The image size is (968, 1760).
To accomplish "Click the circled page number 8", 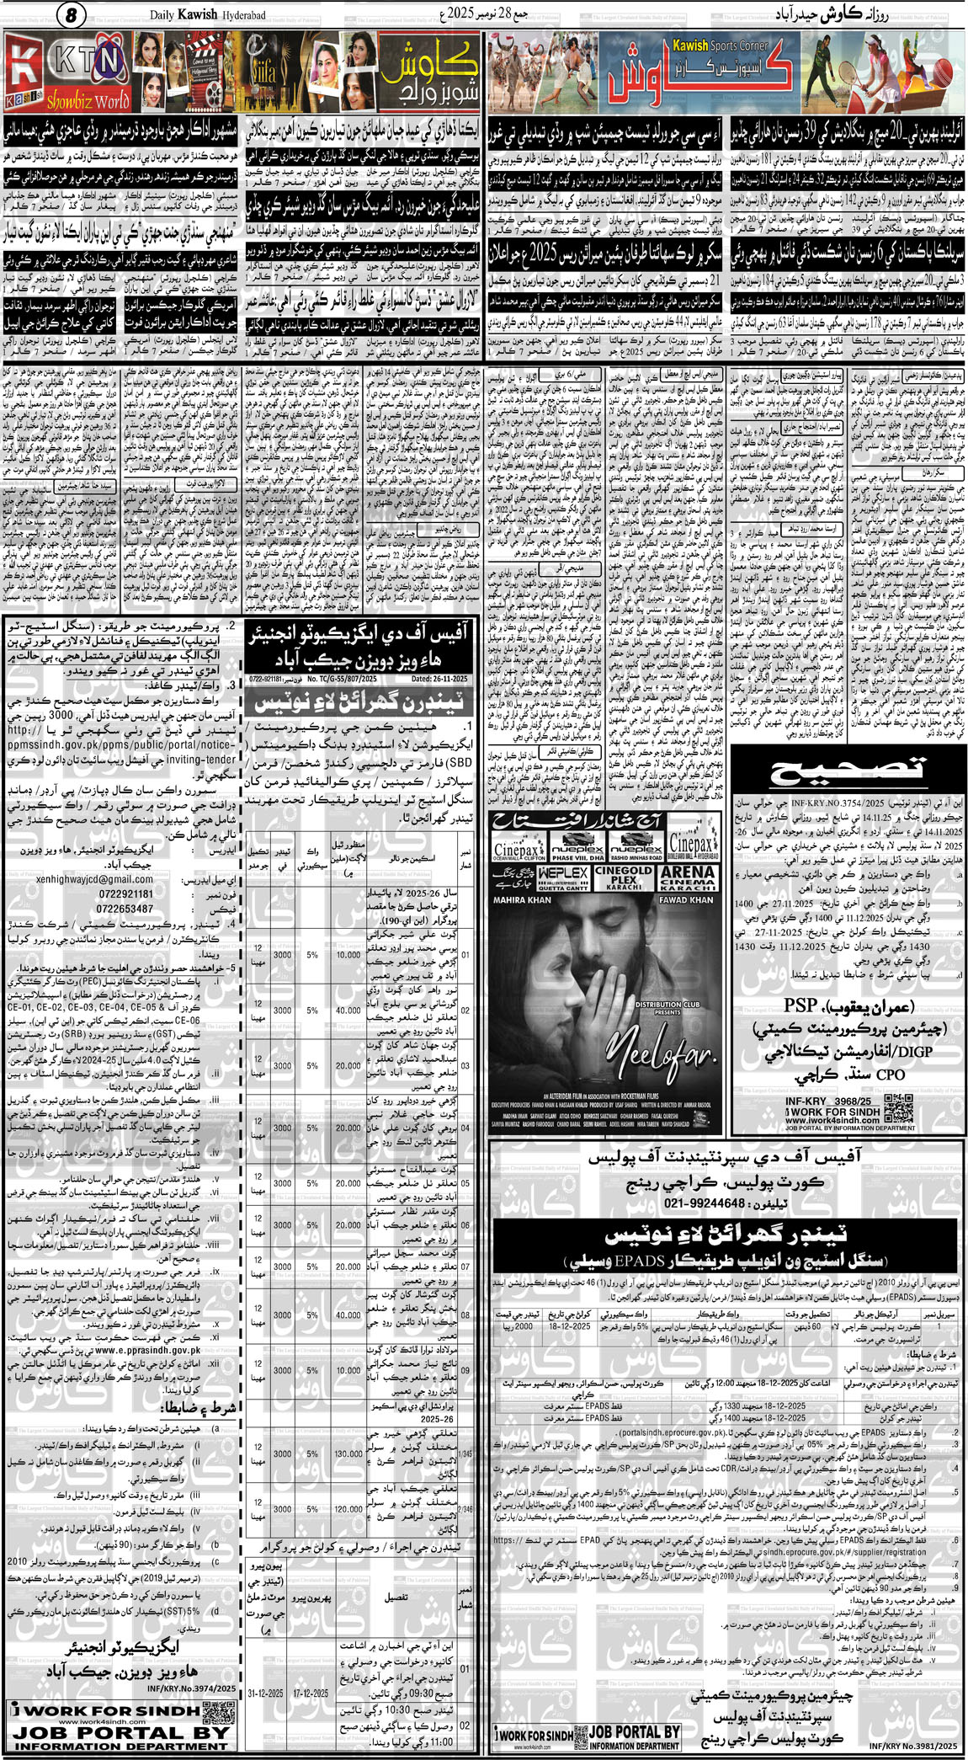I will tap(72, 14).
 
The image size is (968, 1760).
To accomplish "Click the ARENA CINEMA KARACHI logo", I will tap(689, 877).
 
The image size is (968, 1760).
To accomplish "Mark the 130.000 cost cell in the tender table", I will tap(348, 1453).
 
